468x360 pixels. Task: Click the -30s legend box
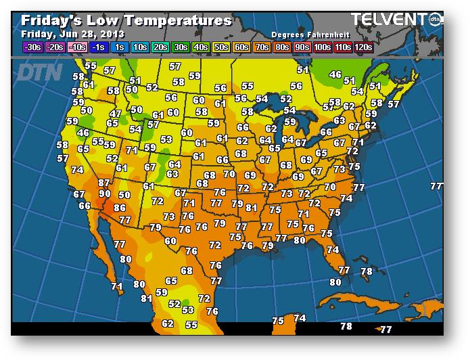pos(32,47)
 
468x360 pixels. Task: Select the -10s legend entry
pos(78,47)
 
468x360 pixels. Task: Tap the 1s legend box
pos(120,47)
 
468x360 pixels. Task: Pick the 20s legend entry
pos(160,47)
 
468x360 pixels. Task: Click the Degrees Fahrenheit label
pos(305,34)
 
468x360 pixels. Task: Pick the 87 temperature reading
pos(103,183)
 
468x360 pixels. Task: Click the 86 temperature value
pos(120,208)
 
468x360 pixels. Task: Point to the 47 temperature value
pos(116,114)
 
